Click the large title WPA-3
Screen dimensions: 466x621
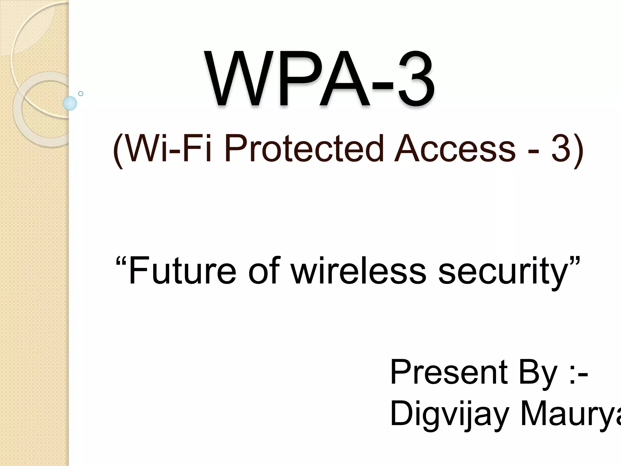point(320,79)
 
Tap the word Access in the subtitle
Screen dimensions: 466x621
point(455,149)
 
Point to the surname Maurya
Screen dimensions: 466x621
point(570,414)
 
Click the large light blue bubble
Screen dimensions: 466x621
point(70,103)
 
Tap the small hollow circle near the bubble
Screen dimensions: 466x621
point(81,93)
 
